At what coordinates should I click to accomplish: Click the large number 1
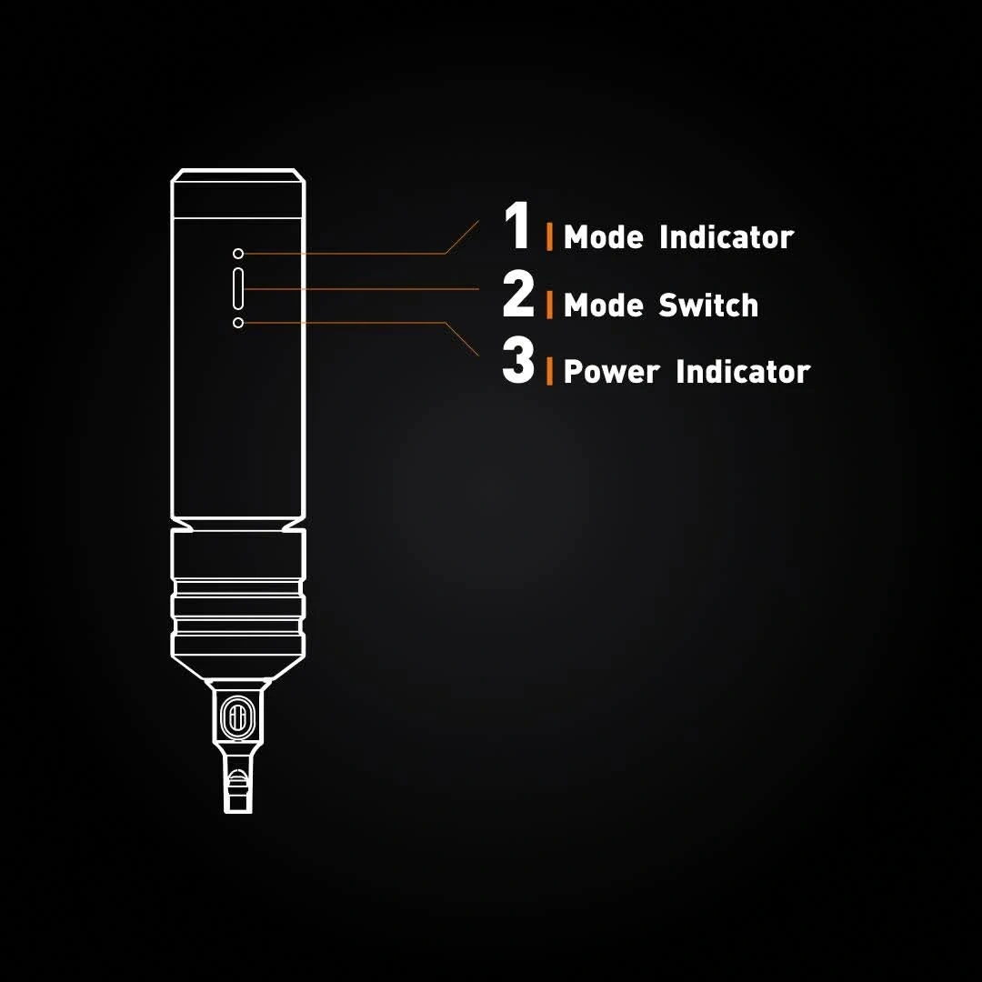(517, 226)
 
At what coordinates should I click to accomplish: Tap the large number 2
(518, 294)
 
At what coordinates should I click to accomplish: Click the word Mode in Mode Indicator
(603, 237)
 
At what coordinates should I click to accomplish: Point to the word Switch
(708, 305)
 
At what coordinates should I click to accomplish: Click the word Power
(611, 372)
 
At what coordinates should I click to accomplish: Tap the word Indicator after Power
(743, 371)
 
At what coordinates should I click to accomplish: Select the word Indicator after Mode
(726, 237)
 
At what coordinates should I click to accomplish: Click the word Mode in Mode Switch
(603, 305)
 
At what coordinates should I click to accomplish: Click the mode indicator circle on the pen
(238, 254)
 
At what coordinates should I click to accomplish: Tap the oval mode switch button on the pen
(238, 288)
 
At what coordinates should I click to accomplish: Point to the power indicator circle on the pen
(238, 323)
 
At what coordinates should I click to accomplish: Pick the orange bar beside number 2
(549, 305)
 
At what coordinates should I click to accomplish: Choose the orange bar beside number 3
(549, 371)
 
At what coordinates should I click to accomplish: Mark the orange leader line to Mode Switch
(361, 289)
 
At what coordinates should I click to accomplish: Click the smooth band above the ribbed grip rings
(238, 555)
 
